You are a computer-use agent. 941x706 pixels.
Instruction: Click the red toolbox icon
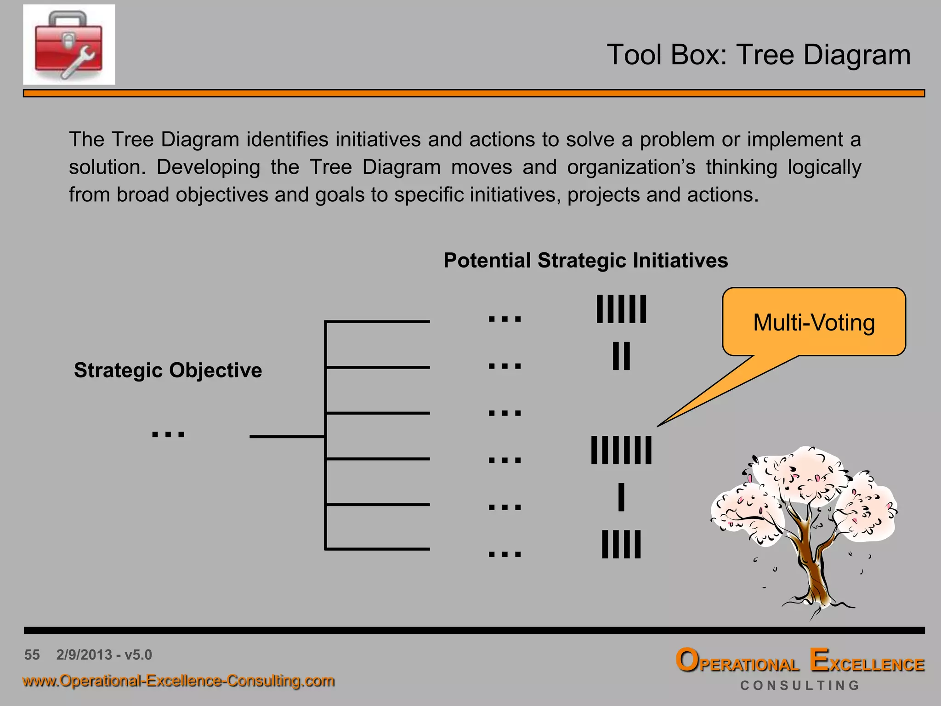(69, 45)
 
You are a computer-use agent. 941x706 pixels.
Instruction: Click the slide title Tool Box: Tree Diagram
(758, 55)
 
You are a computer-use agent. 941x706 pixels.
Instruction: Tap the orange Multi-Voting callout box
(814, 322)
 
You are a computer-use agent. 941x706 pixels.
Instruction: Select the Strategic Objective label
(168, 370)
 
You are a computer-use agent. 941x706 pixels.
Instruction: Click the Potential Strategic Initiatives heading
(585, 260)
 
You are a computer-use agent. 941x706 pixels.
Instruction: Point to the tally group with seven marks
(621, 450)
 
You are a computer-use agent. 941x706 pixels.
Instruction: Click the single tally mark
(621, 497)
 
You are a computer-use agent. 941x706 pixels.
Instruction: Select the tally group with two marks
(621, 356)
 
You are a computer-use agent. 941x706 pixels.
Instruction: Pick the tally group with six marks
(621, 309)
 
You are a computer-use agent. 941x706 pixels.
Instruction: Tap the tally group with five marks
(621, 545)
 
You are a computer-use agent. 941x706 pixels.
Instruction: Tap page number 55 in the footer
(32, 655)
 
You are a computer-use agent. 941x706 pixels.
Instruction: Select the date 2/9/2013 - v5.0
(104, 655)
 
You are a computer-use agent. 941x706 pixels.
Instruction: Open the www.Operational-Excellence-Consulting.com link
(178, 681)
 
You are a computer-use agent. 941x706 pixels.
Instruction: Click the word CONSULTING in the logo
(799, 685)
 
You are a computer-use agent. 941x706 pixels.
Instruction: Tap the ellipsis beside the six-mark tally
(505, 319)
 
